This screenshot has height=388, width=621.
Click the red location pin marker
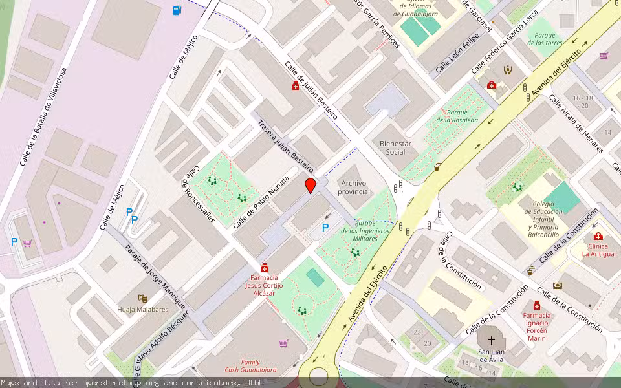pos(310,186)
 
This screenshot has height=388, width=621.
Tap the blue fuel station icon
pos(177,10)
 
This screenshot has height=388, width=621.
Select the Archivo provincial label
pos(354,188)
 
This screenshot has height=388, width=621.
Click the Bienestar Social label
pos(395,147)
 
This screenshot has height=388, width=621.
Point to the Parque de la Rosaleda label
pos(457,116)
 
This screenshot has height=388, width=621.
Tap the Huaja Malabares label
pos(142,309)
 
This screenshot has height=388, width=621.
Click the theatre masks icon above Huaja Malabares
pos(142,298)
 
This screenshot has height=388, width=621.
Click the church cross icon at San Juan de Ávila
pos(491,339)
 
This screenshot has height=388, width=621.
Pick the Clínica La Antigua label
pos(598,250)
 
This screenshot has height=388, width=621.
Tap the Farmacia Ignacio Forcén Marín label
pos(536,327)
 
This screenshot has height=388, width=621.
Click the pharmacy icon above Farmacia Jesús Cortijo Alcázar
pos(264,268)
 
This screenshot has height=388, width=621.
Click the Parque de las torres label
pos(545,39)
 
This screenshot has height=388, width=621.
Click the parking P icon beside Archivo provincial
pos(325,227)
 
